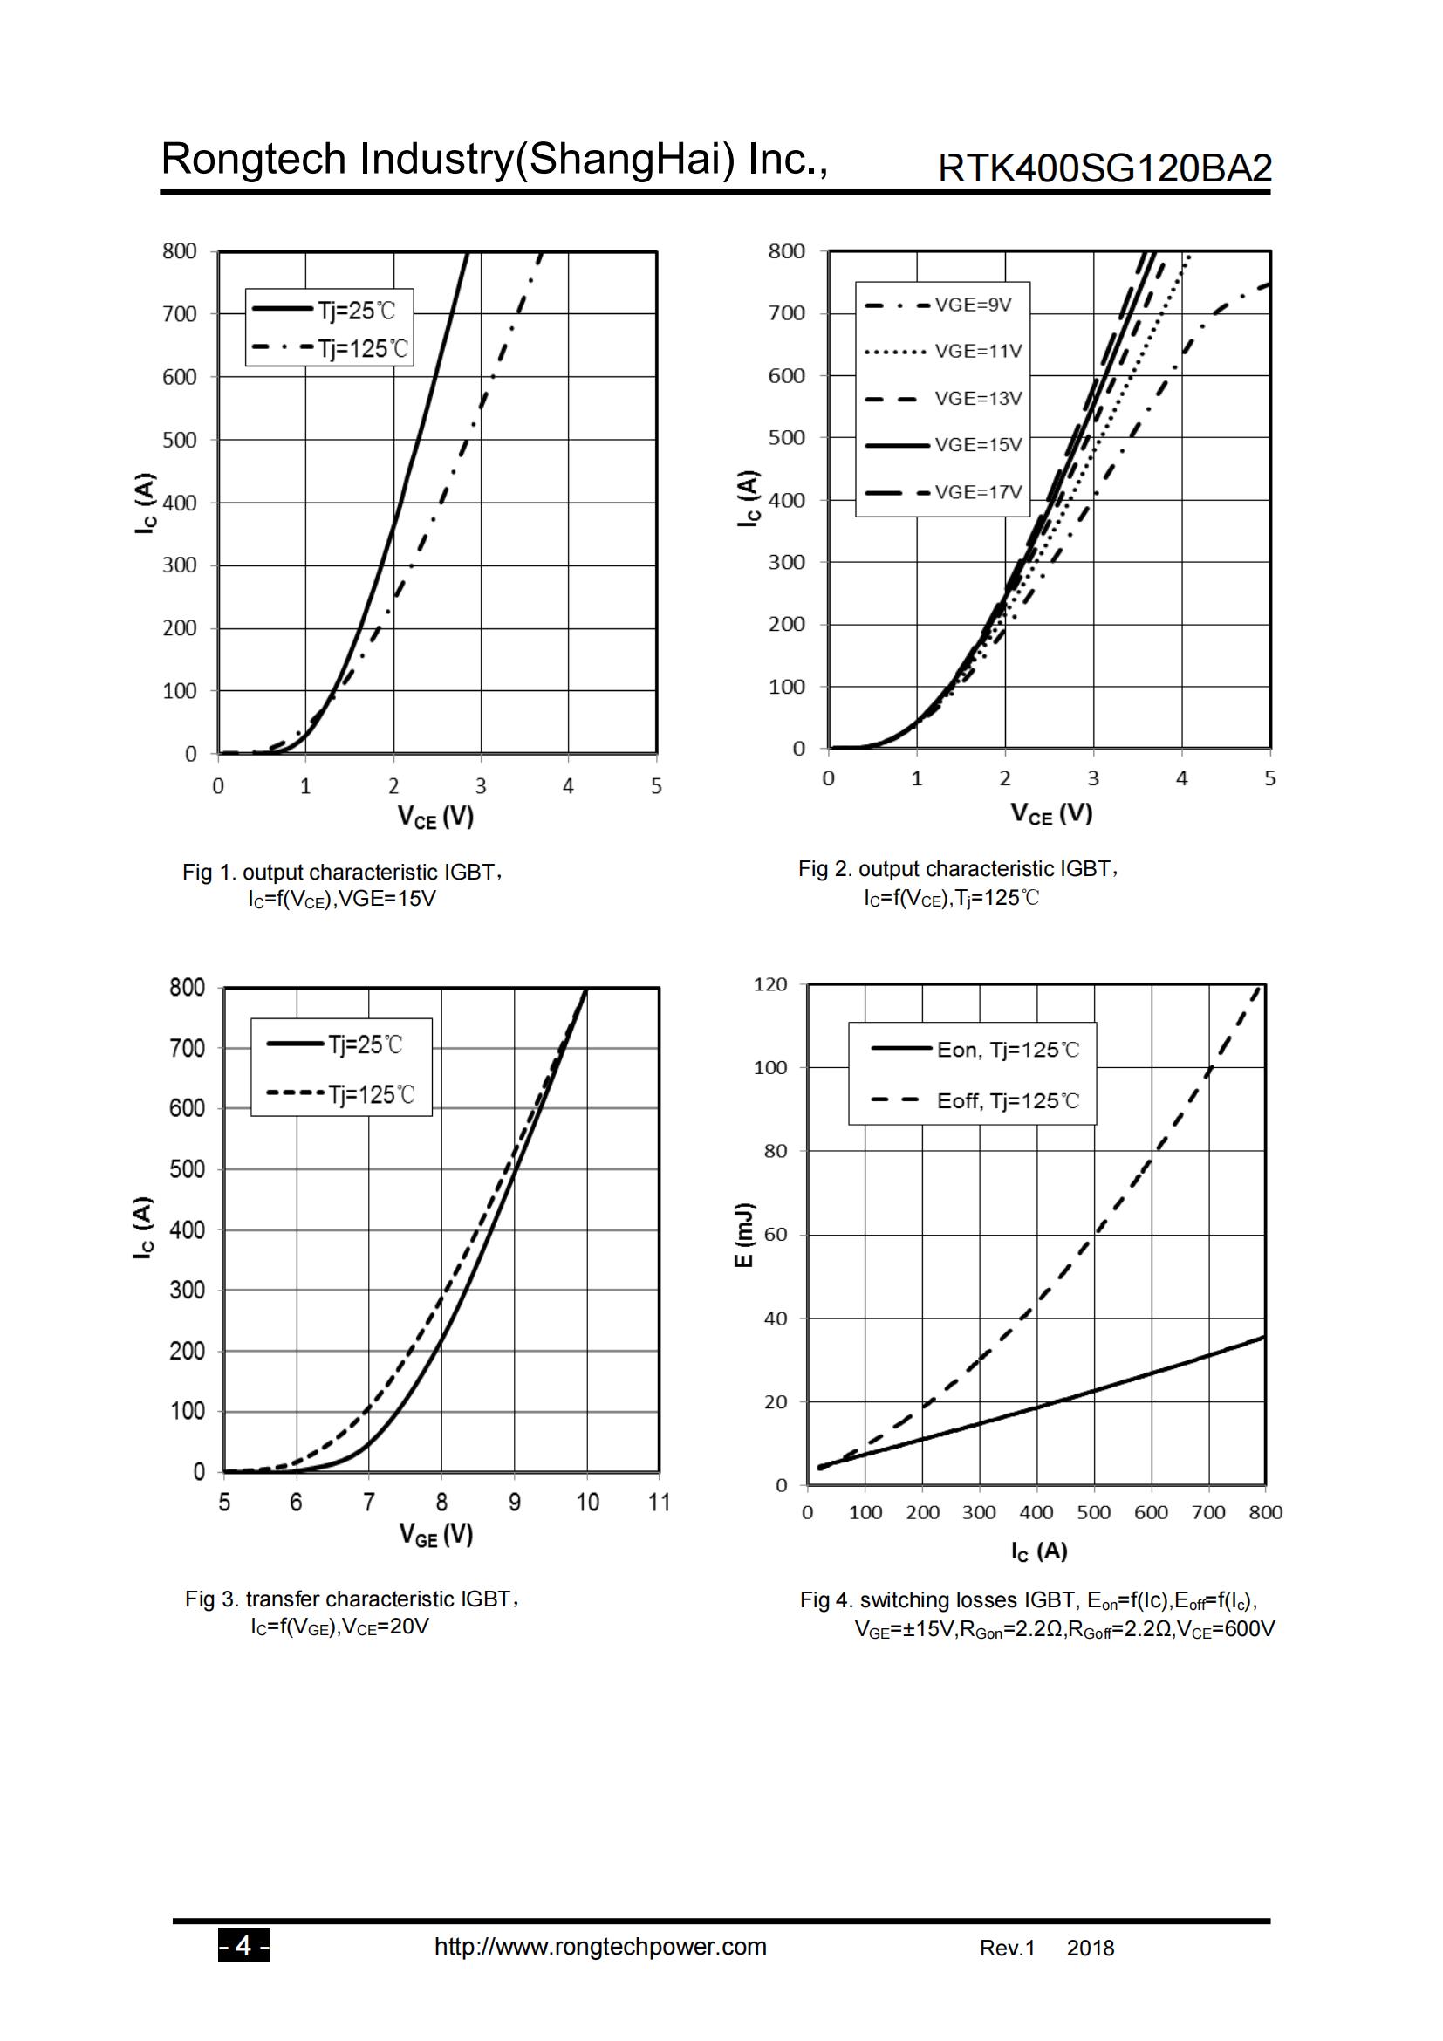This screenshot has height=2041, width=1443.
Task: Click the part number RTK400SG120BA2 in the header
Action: [x=1104, y=168]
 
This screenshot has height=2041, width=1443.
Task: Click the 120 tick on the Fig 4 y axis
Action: [x=770, y=984]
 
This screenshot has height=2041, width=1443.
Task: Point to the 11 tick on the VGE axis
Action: [x=659, y=1503]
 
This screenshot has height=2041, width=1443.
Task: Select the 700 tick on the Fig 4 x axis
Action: [x=1208, y=1512]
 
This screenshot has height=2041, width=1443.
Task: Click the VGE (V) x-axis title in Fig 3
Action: [x=435, y=1533]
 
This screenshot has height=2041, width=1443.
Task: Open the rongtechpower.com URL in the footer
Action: [x=599, y=1947]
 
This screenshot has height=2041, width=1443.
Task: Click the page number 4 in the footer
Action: [x=243, y=1947]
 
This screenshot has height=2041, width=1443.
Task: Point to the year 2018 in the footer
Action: [x=1091, y=1949]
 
